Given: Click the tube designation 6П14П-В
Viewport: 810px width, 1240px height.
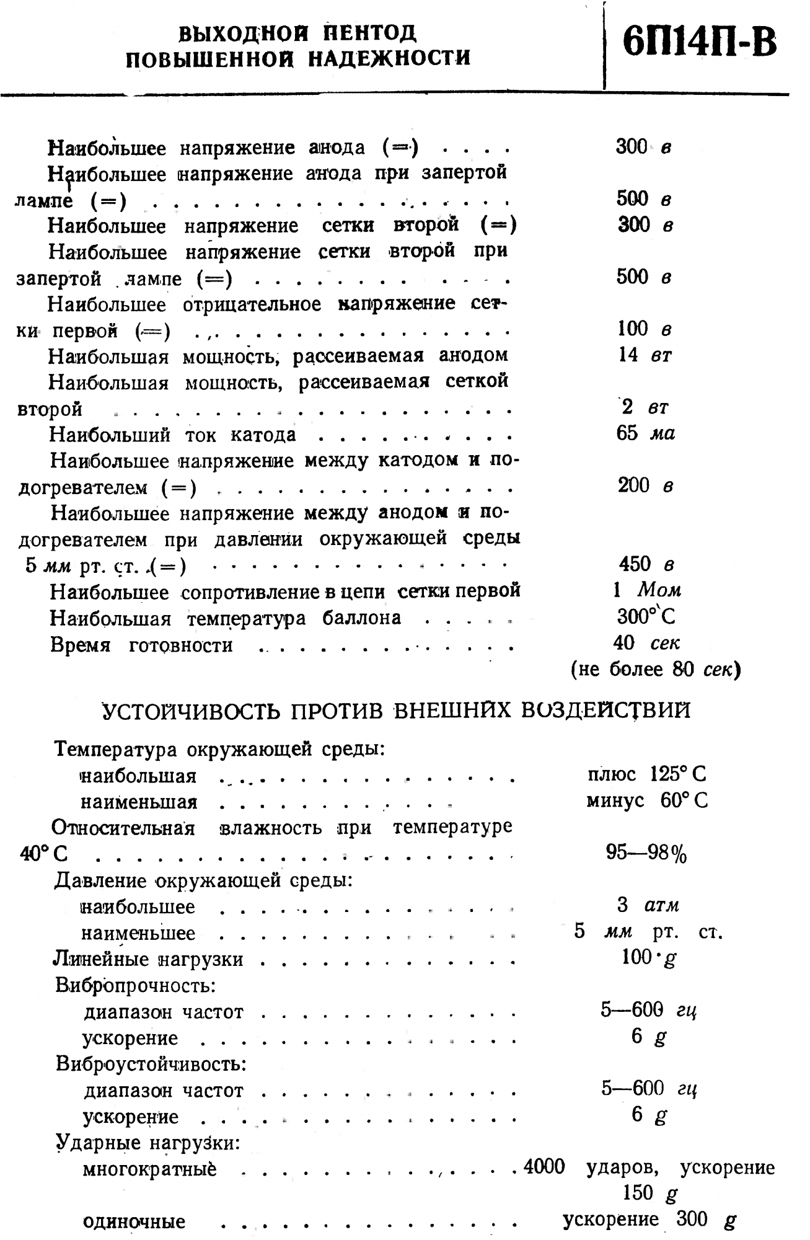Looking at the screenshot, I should tap(700, 42).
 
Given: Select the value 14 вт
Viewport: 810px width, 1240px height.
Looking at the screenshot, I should tap(645, 355).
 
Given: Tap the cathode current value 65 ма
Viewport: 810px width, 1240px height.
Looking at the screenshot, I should tap(645, 433).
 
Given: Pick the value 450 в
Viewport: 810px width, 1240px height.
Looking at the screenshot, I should tap(645, 564).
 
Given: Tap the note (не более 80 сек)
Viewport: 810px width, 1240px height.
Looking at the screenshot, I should tap(656, 670).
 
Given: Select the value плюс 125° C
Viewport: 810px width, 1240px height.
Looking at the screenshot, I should tap(646, 774).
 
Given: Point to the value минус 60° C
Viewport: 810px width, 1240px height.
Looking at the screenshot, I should tap(646, 800).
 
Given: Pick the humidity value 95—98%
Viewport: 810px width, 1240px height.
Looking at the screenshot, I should tap(646, 854).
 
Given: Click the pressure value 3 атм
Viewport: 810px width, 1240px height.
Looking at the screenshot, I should tap(648, 906).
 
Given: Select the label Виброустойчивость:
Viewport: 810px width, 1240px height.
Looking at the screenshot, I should tap(151, 1064).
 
